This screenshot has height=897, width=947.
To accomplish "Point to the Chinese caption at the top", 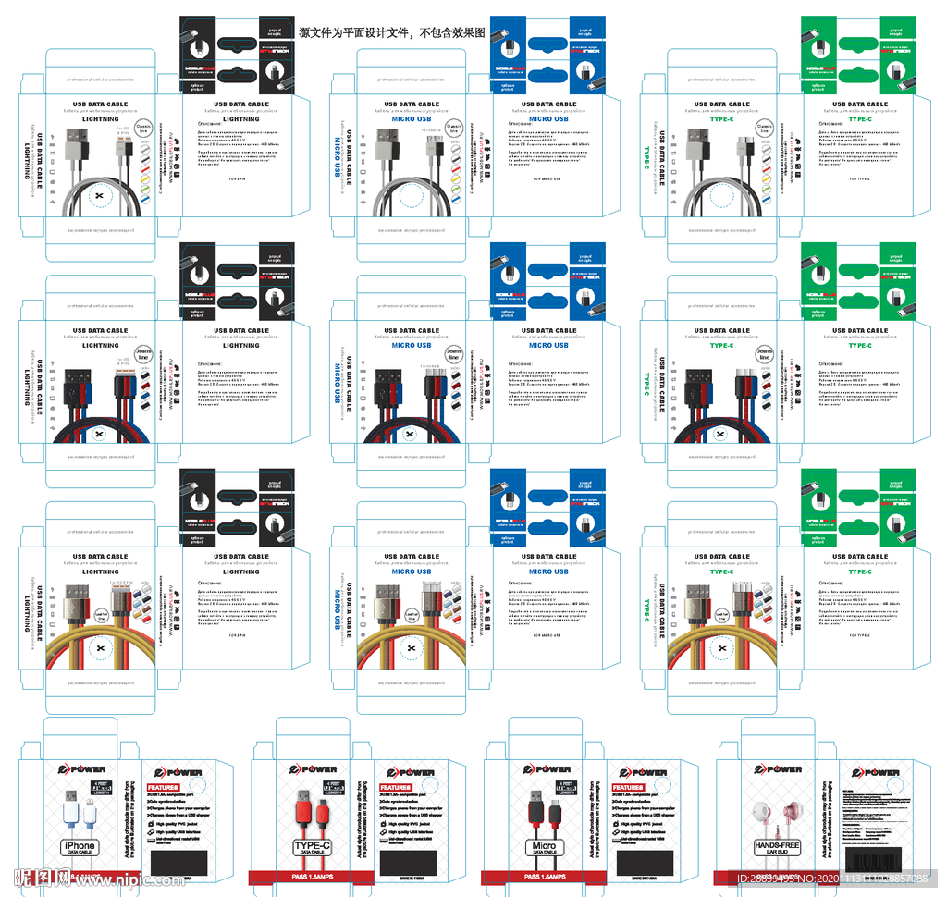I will tap(392, 32).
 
